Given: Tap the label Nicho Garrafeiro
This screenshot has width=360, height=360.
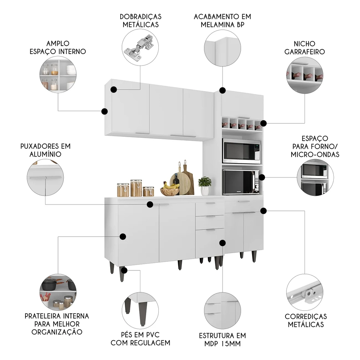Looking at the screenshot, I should pos(305,48).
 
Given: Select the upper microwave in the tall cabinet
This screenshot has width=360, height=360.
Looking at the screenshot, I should pos(241,151).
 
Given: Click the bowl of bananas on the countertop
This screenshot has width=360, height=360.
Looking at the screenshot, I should pos(170,189).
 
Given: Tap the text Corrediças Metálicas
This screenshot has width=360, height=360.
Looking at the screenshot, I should pos(306,320).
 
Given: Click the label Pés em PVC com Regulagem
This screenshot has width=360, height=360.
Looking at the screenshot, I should pos(140,339).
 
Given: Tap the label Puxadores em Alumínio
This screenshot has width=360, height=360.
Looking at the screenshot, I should pos(45,150).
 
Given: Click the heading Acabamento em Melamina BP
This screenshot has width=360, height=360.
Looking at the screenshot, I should pos(222,21).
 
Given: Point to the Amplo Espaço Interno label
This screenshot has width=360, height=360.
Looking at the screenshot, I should pos(58,47).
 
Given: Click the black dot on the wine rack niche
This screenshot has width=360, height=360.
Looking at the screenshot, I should pos(263,123).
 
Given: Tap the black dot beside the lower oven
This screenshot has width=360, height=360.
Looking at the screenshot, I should pos(262,177).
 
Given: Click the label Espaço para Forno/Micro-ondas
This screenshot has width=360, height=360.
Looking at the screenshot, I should pos(316,147).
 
